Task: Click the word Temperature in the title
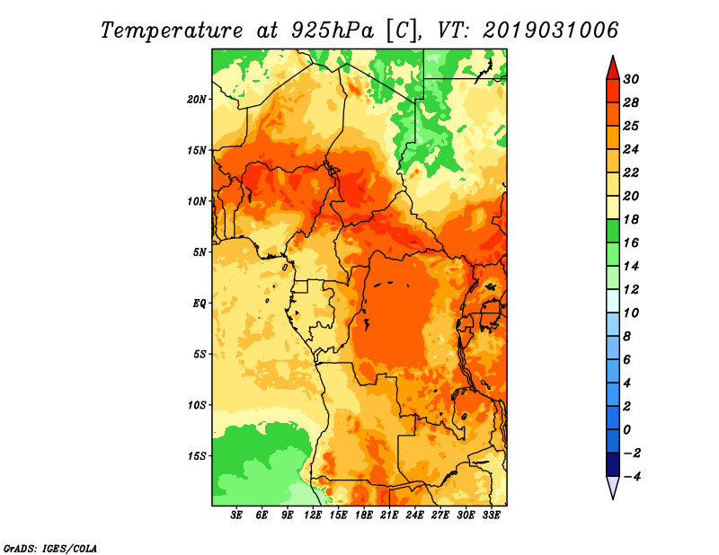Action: tap(172, 31)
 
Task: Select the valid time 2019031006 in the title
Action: tap(550, 30)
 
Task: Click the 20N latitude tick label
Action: tap(197, 100)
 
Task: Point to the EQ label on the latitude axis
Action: tap(200, 304)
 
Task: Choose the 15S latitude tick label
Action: tap(197, 456)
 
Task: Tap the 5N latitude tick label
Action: tap(200, 252)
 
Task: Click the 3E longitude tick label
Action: tap(236, 515)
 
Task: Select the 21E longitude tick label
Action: tap(389, 515)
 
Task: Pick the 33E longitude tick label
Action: tap(491, 515)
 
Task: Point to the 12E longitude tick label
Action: tap(312, 515)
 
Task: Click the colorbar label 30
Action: tap(631, 79)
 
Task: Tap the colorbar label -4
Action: tap(631, 477)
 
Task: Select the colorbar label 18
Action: tap(631, 219)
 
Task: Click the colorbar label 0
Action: tap(627, 430)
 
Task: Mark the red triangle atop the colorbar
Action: tap(613, 68)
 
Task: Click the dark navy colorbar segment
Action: tap(613, 464)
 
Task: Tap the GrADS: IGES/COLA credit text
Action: tap(50, 549)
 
